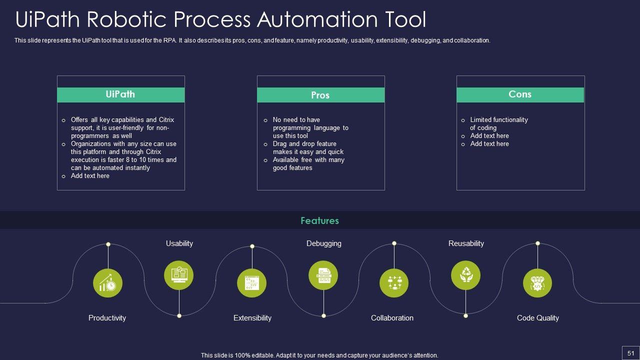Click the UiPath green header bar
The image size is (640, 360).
click(120, 94)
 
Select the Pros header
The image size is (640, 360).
click(320, 95)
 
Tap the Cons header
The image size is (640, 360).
click(520, 94)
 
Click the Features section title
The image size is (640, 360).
click(319, 220)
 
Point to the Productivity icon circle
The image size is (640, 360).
click(108, 283)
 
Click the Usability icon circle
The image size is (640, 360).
click(179, 275)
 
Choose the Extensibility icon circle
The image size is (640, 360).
click(251, 283)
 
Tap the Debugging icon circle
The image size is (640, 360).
click(323, 275)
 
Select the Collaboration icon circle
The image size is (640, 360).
click(394, 283)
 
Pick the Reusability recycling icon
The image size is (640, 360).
click(465, 275)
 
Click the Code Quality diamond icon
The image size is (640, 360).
click(537, 283)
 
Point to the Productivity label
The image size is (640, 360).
click(107, 318)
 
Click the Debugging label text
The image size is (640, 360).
click(324, 243)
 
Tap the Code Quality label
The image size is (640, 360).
click(537, 318)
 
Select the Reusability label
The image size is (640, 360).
click(466, 243)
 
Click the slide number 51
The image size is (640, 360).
click(630, 353)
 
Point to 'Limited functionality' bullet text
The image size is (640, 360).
click(499, 120)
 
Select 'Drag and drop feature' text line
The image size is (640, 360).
click(304, 144)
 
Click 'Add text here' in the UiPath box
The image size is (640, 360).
click(90, 176)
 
